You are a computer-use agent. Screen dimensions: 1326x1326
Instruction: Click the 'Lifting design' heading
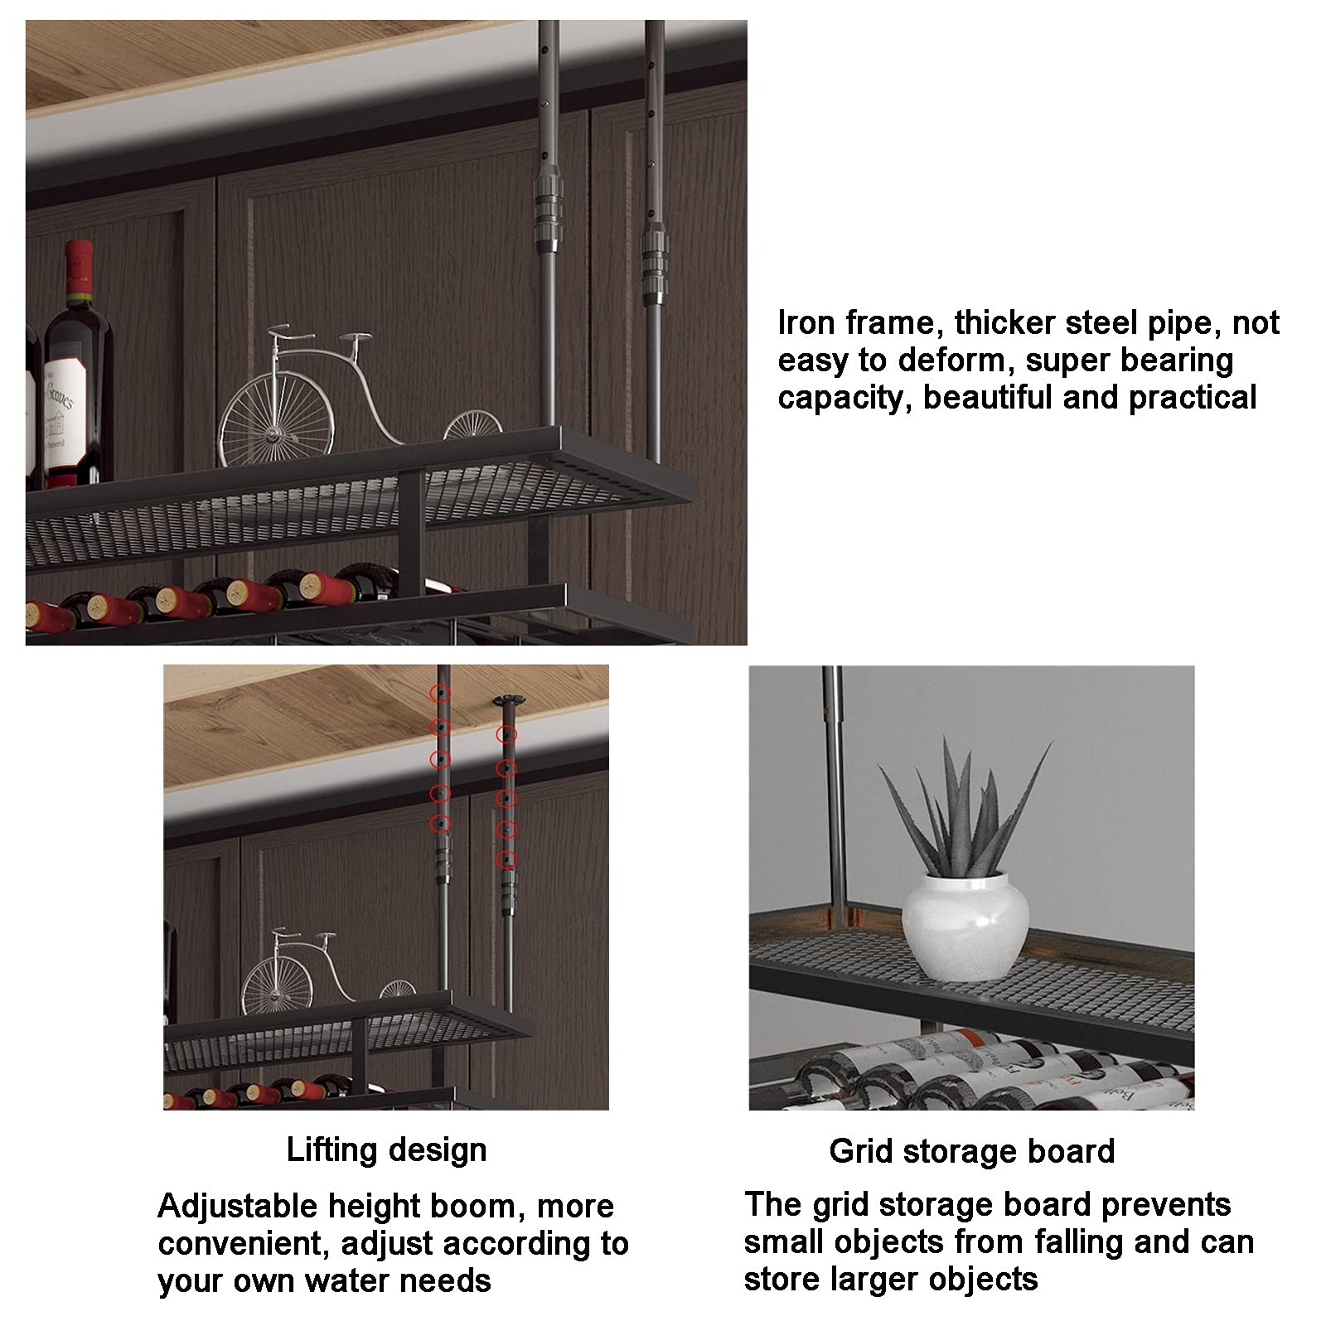point(386,1150)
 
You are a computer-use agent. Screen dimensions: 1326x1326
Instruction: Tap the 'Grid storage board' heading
point(971,1151)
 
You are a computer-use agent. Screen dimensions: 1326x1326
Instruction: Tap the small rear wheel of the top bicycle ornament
point(472,428)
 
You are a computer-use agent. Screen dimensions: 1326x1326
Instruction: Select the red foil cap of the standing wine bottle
point(80,269)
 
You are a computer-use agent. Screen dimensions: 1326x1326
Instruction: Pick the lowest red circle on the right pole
point(506,859)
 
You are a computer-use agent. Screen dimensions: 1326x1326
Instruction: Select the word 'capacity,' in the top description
point(845,399)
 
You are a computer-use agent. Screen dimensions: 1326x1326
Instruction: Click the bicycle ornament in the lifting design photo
point(328,965)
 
